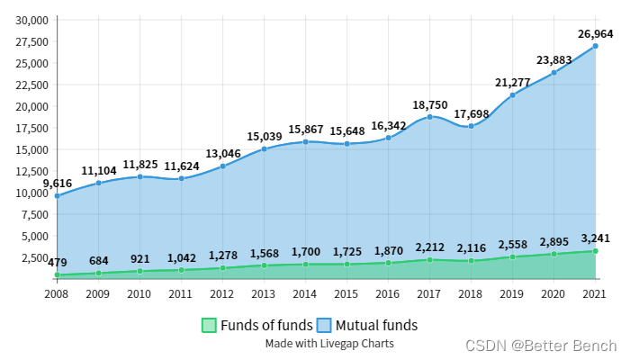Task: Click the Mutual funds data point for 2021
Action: coord(595,46)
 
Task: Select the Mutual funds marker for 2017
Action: coord(429,117)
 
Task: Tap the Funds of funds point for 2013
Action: coord(264,265)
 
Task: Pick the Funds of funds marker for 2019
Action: coord(512,256)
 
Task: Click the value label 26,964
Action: coord(595,33)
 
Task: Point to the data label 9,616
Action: coord(58,183)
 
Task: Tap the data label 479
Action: coord(58,262)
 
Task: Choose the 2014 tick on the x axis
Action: coord(305,293)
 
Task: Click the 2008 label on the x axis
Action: coord(57,293)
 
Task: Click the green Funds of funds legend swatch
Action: coord(209,325)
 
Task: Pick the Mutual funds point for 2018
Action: coord(471,126)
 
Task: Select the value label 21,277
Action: coord(512,83)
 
